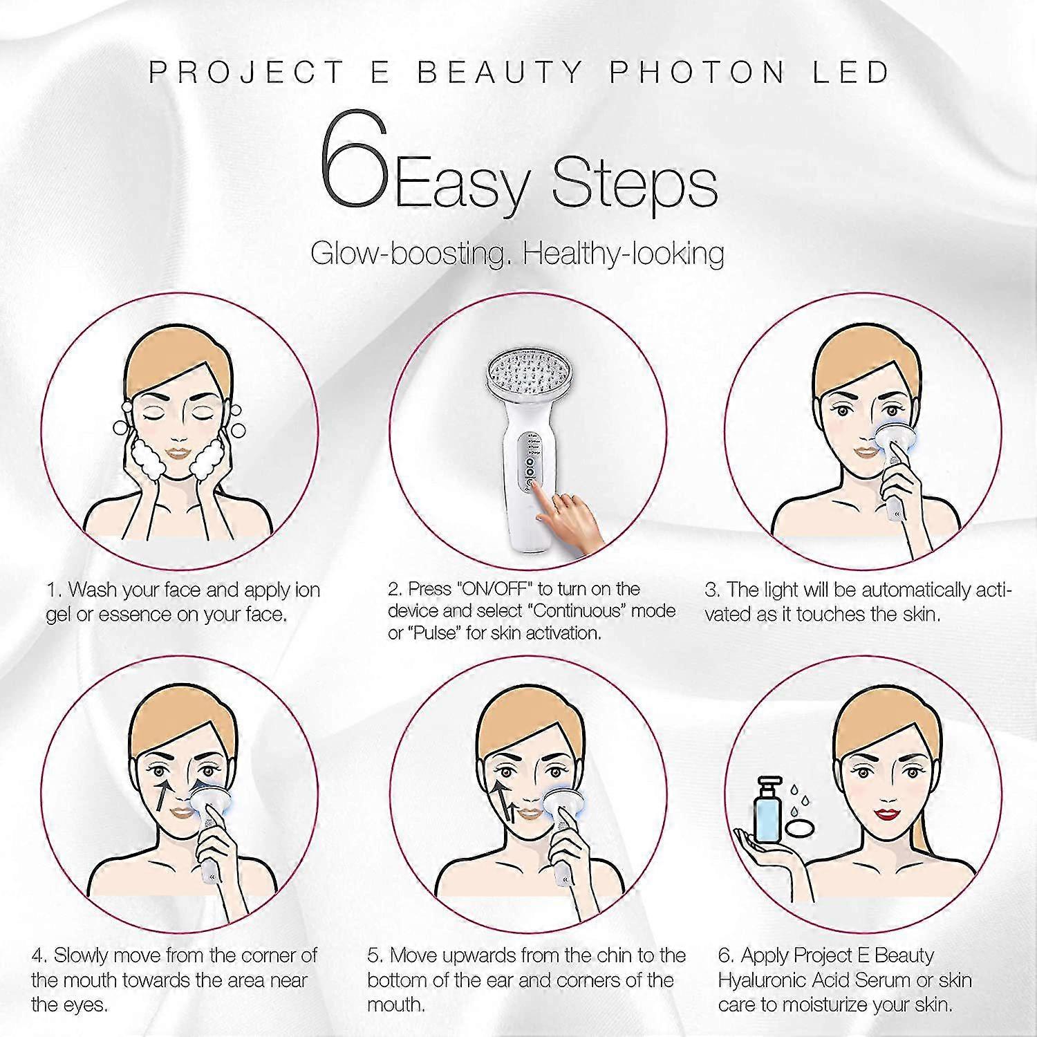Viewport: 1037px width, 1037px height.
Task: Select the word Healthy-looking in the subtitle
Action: point(624,254)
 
